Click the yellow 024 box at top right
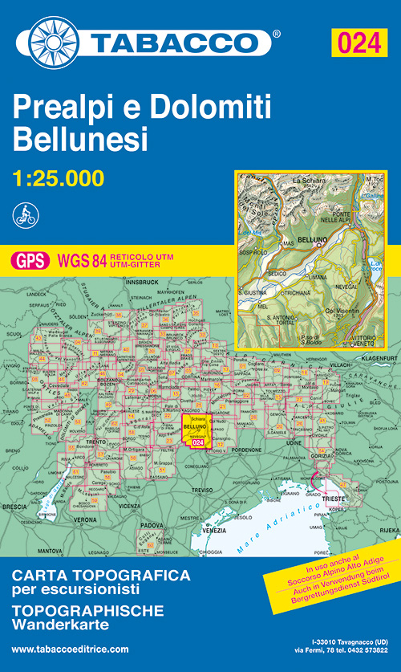[359, 42]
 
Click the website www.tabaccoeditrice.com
[71, 649]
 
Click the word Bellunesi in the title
[80, 141]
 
